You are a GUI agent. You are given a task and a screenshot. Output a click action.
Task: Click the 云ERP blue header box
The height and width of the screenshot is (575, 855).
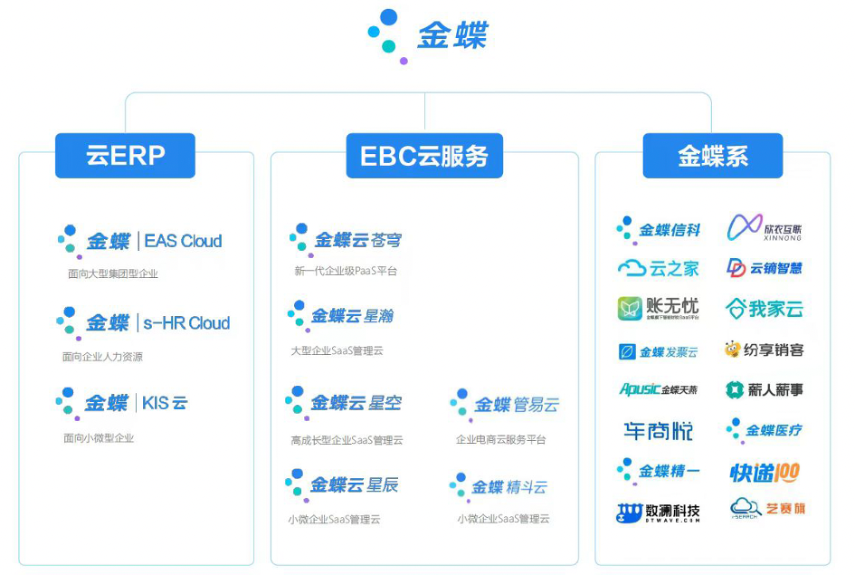coord(125,155)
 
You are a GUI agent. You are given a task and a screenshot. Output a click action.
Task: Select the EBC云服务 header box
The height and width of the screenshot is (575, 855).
coord(424,156)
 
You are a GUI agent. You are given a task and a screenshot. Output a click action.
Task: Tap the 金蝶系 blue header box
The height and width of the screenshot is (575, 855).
coord(712,156)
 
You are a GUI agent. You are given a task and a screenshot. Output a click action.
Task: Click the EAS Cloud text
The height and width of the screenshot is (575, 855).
coord(183,241)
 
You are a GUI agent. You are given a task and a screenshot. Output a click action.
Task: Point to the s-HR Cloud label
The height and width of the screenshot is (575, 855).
coord(186,323)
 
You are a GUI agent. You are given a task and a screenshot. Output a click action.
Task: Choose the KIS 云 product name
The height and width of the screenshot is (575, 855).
coord(165,403)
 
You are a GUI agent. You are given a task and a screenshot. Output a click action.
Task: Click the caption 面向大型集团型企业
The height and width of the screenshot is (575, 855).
coord(112,273)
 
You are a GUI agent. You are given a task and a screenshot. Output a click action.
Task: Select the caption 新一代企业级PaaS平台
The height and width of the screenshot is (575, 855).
coord(346,271)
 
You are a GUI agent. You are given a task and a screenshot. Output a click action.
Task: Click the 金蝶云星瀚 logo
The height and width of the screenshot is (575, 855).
coord(341,316)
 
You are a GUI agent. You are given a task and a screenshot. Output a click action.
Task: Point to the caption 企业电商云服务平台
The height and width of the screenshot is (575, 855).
coord(501,439)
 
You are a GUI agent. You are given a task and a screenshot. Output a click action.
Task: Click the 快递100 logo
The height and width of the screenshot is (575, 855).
coord(765,472)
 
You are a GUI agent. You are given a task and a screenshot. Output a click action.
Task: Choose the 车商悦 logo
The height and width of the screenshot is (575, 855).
coord(658,431)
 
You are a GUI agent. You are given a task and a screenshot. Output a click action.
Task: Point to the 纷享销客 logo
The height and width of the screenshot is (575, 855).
coord(764,350)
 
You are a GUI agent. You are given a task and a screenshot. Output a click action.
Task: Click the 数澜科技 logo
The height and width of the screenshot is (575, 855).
coord(659,513)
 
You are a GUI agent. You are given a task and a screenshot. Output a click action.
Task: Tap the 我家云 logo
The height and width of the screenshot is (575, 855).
coord(765,309)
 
